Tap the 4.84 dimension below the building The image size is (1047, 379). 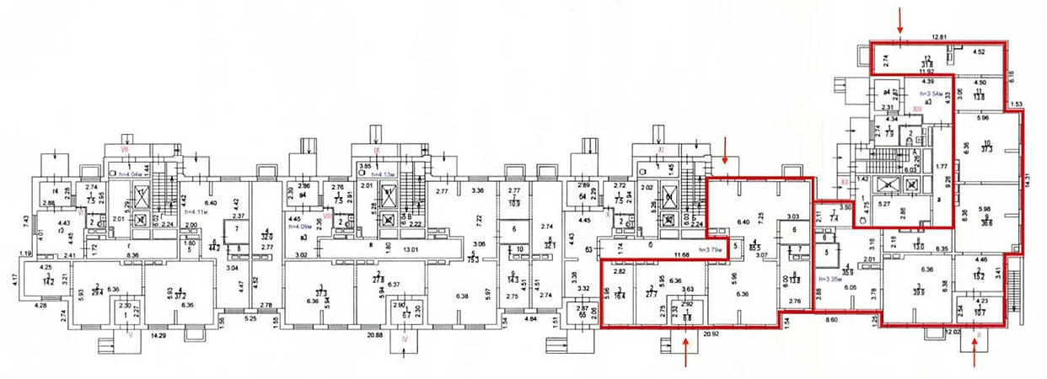530,320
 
